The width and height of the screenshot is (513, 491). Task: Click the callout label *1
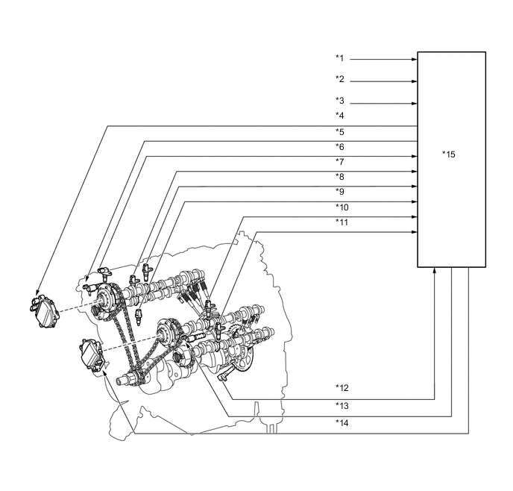pos(340,58)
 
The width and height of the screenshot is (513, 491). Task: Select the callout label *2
pos(340,79)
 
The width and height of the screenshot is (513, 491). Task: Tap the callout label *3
pos(340,101)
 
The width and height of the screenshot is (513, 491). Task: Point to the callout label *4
pos(340,116)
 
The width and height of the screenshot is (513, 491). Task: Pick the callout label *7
pos(340,162)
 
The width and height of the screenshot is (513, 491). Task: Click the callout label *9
pos(340,192)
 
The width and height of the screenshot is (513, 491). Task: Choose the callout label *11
pos(342,222)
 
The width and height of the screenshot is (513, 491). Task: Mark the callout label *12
pos(342,388)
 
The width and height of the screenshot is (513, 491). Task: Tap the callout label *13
pos(342,406)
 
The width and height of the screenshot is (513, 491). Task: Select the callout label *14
pos(342,422)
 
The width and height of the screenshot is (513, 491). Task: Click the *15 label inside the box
pos(449,154)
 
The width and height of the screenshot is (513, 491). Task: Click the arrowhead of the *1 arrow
pos(413,59)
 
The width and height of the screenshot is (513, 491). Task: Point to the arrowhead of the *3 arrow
pos(413,103)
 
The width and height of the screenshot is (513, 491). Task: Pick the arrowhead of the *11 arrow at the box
pos(413,232)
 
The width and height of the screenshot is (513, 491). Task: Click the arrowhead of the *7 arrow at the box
pos(413,156)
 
